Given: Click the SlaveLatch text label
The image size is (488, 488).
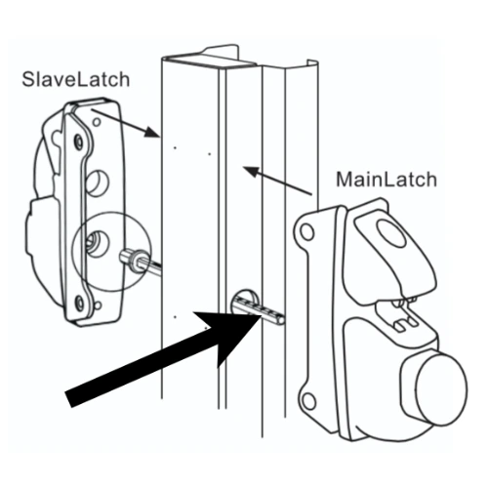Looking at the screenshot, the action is pyautogui.click(x=76, y=79).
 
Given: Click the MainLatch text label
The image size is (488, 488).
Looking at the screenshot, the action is pyautogui.click(x=386, y=180).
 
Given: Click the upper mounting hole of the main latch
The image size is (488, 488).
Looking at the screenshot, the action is pyautogui.click(x=306, y=231).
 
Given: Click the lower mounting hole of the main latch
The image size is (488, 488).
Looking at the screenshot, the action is pyautogui.click(x=308, y=401).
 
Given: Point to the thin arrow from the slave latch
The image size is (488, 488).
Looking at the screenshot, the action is pyautogui.click(x=125, y=123).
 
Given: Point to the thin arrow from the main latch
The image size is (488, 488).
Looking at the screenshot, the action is pyautogui.click(x=277, y=181).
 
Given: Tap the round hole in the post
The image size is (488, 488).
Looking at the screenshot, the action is pyautogui.click(x=245, y=301).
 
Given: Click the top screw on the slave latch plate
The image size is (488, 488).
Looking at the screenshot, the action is pyautogui.click(x=79, y=142).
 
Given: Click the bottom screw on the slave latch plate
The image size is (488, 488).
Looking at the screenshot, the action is pyautogui.click(x=79, y=303).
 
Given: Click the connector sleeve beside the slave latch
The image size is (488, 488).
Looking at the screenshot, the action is pyautogui.click(x=134, y=259).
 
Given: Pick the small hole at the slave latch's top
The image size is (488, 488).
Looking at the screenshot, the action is pyautogui.click(x=97, y=122).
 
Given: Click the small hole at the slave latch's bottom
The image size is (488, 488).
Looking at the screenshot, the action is pyautogui.click(x=98, y=305).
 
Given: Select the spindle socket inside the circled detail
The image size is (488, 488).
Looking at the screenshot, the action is pyautogui.click(x=97, y=244).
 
